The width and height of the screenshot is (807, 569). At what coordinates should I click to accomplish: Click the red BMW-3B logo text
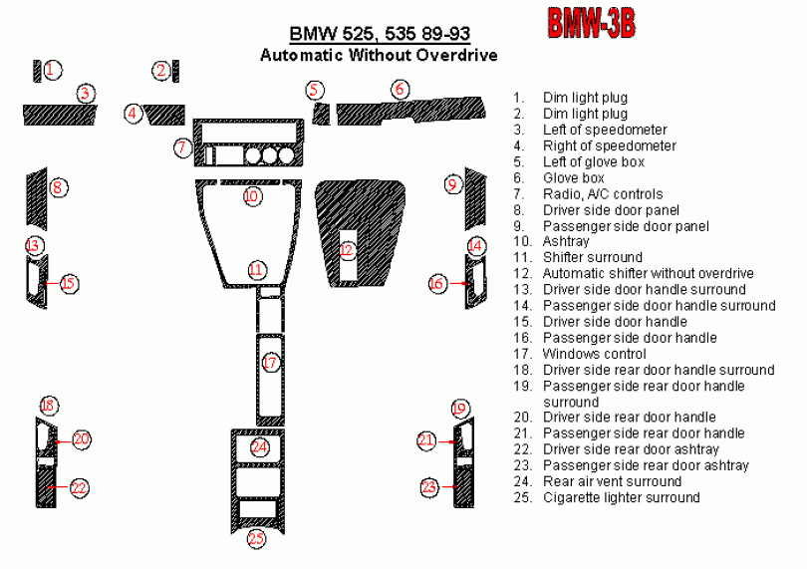[591, 23]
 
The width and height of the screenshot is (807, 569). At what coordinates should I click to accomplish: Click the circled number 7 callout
[182, 147]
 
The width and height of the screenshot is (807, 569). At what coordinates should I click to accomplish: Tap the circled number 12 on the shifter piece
[347, 250]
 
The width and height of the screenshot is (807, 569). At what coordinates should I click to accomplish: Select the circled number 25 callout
[256, 539]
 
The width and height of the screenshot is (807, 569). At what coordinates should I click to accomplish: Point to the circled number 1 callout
[52, 70]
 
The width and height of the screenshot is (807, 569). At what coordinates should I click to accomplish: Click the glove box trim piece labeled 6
[410, 111]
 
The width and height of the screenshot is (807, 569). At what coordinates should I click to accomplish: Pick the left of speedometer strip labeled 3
[60, 115]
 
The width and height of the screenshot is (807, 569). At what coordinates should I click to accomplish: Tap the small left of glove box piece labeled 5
[321, 114]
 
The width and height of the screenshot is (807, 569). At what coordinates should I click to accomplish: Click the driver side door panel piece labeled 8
[37, 198]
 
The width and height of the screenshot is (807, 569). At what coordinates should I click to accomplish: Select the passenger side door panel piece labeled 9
[475, 198]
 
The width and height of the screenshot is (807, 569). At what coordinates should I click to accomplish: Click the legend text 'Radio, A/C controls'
[603, 194]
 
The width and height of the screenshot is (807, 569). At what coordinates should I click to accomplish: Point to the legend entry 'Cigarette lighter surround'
[622, 497]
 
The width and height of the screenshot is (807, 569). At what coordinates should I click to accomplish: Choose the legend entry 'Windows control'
[595, 354]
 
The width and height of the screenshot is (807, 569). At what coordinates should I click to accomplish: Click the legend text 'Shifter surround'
[593, 257]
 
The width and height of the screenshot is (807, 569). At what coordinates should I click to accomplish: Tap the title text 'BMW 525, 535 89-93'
[380, 34]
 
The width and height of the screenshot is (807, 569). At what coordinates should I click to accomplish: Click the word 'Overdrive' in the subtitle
[457, 55]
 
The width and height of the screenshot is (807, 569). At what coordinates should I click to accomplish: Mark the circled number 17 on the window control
[270, 363]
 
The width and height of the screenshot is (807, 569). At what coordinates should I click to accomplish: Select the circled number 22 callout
[80, 487]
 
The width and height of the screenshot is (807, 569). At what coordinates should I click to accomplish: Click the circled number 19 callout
[460, 409]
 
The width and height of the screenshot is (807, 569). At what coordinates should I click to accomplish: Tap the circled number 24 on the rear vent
[259, 446]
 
